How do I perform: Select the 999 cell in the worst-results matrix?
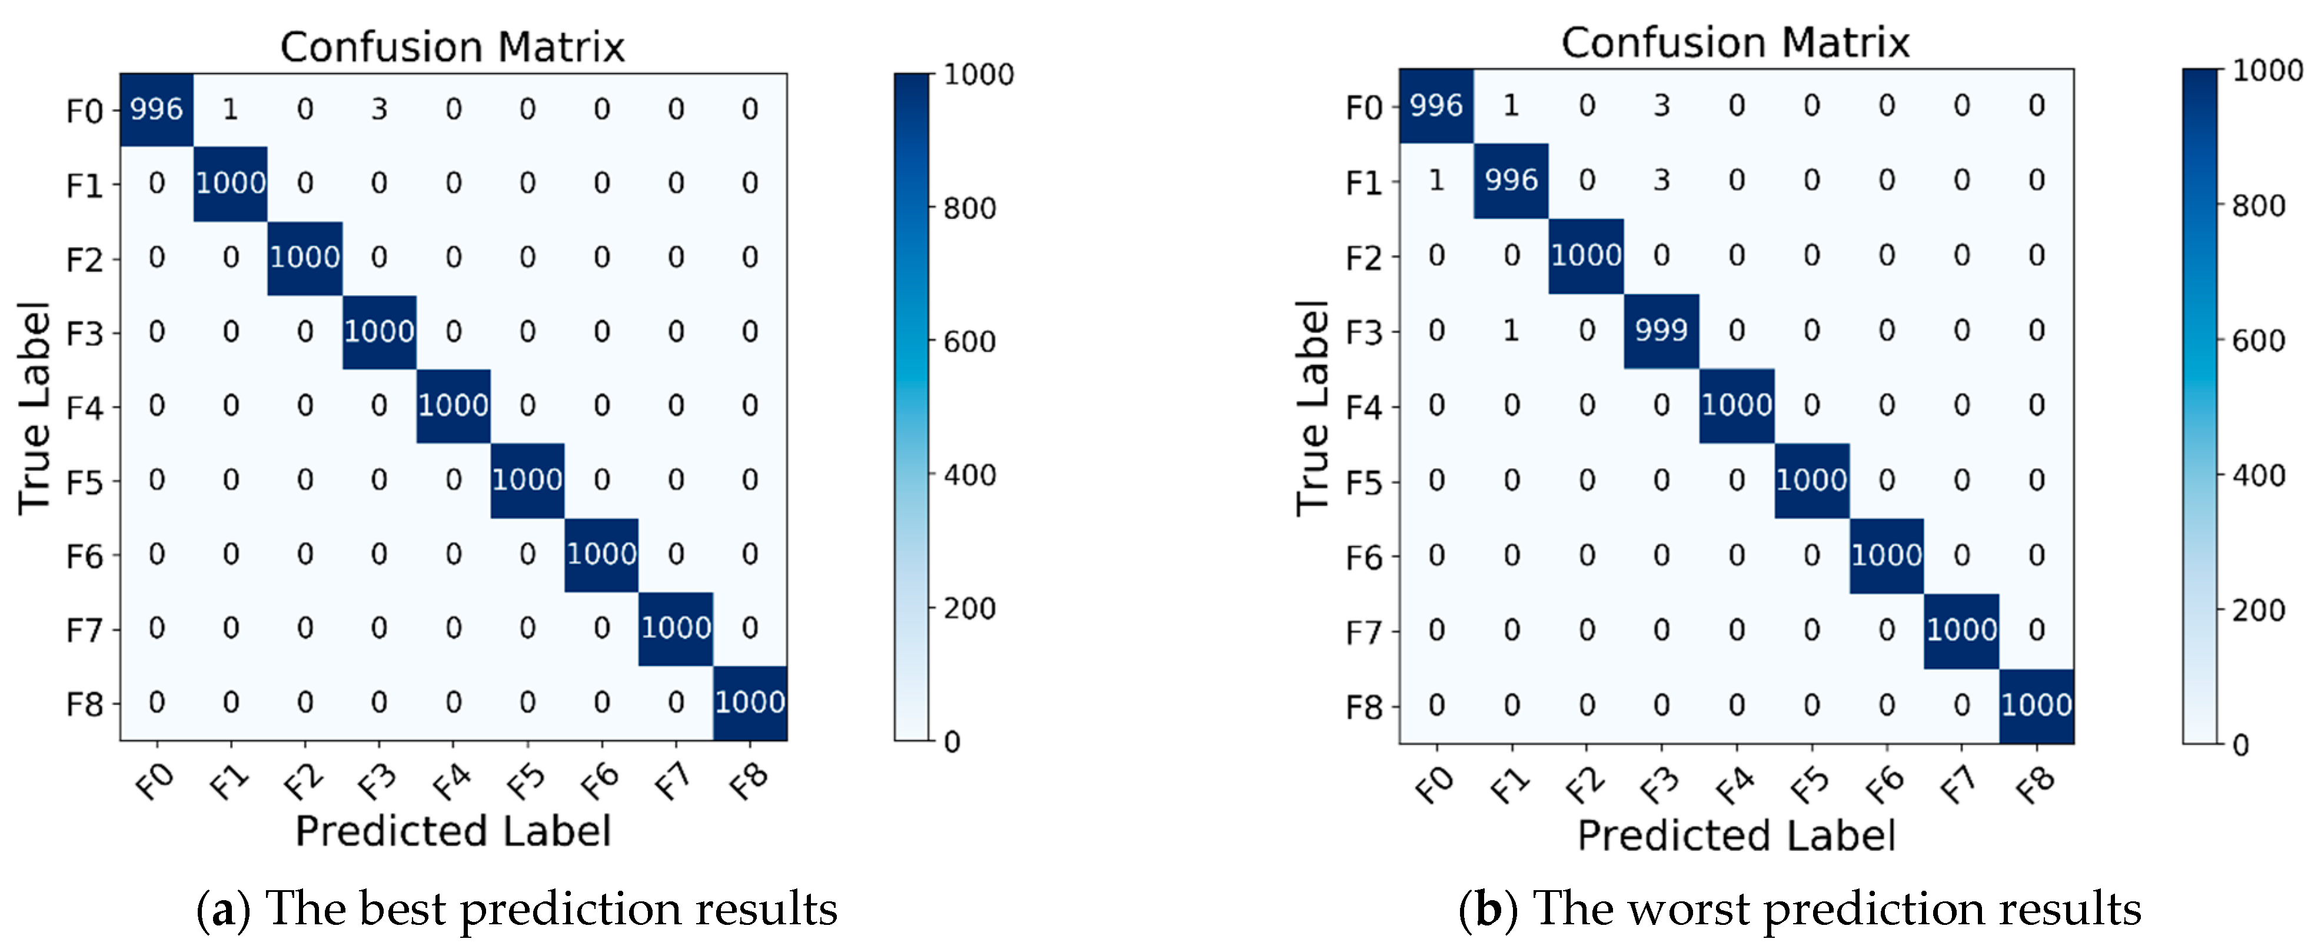(1661, 330)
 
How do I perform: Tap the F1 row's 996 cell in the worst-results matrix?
(1511, 180)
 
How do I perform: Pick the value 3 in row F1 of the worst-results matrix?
(1661, 180)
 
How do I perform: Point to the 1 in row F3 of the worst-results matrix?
(1511, 330)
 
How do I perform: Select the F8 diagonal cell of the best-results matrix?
(750, 702)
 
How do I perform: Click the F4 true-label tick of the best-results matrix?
(85, 408)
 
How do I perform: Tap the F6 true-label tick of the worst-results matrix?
(1364, 558)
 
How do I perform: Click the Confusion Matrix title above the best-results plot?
(453, 47)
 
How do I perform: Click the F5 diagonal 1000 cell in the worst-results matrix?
(1811, 480)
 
